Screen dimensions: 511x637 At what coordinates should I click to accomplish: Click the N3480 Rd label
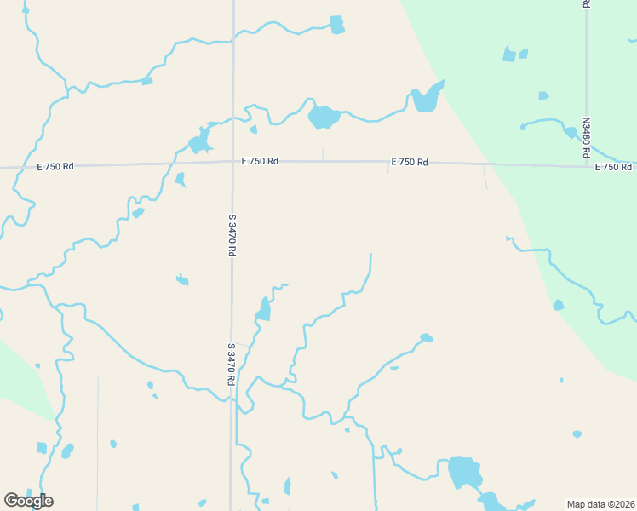586,138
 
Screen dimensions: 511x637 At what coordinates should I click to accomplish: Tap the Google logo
28,500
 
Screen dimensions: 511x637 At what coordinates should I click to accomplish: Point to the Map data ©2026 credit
600,503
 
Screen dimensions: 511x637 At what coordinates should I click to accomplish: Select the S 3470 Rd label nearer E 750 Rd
231,235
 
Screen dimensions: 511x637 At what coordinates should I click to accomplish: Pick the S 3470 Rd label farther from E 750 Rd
231,365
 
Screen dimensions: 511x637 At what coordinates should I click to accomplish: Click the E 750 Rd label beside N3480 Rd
613,167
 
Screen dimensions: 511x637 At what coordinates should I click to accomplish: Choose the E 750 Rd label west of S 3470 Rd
55,166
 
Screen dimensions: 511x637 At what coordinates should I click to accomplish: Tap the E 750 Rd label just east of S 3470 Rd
260,160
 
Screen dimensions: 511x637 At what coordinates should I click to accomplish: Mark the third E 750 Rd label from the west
410,162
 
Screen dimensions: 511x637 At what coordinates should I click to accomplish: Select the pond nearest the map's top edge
336,24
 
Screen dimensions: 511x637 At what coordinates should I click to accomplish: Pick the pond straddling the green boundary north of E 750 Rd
427,99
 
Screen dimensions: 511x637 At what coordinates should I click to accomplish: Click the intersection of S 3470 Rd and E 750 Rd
232,162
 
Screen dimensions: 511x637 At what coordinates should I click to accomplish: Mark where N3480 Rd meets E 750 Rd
587,164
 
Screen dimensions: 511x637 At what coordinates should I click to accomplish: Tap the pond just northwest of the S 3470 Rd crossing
200,141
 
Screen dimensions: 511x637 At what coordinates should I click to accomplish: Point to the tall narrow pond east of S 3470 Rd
264,309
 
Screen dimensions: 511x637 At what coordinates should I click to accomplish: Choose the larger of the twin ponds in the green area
509,55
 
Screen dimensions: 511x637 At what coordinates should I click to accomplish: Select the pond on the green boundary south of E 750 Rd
558,305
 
